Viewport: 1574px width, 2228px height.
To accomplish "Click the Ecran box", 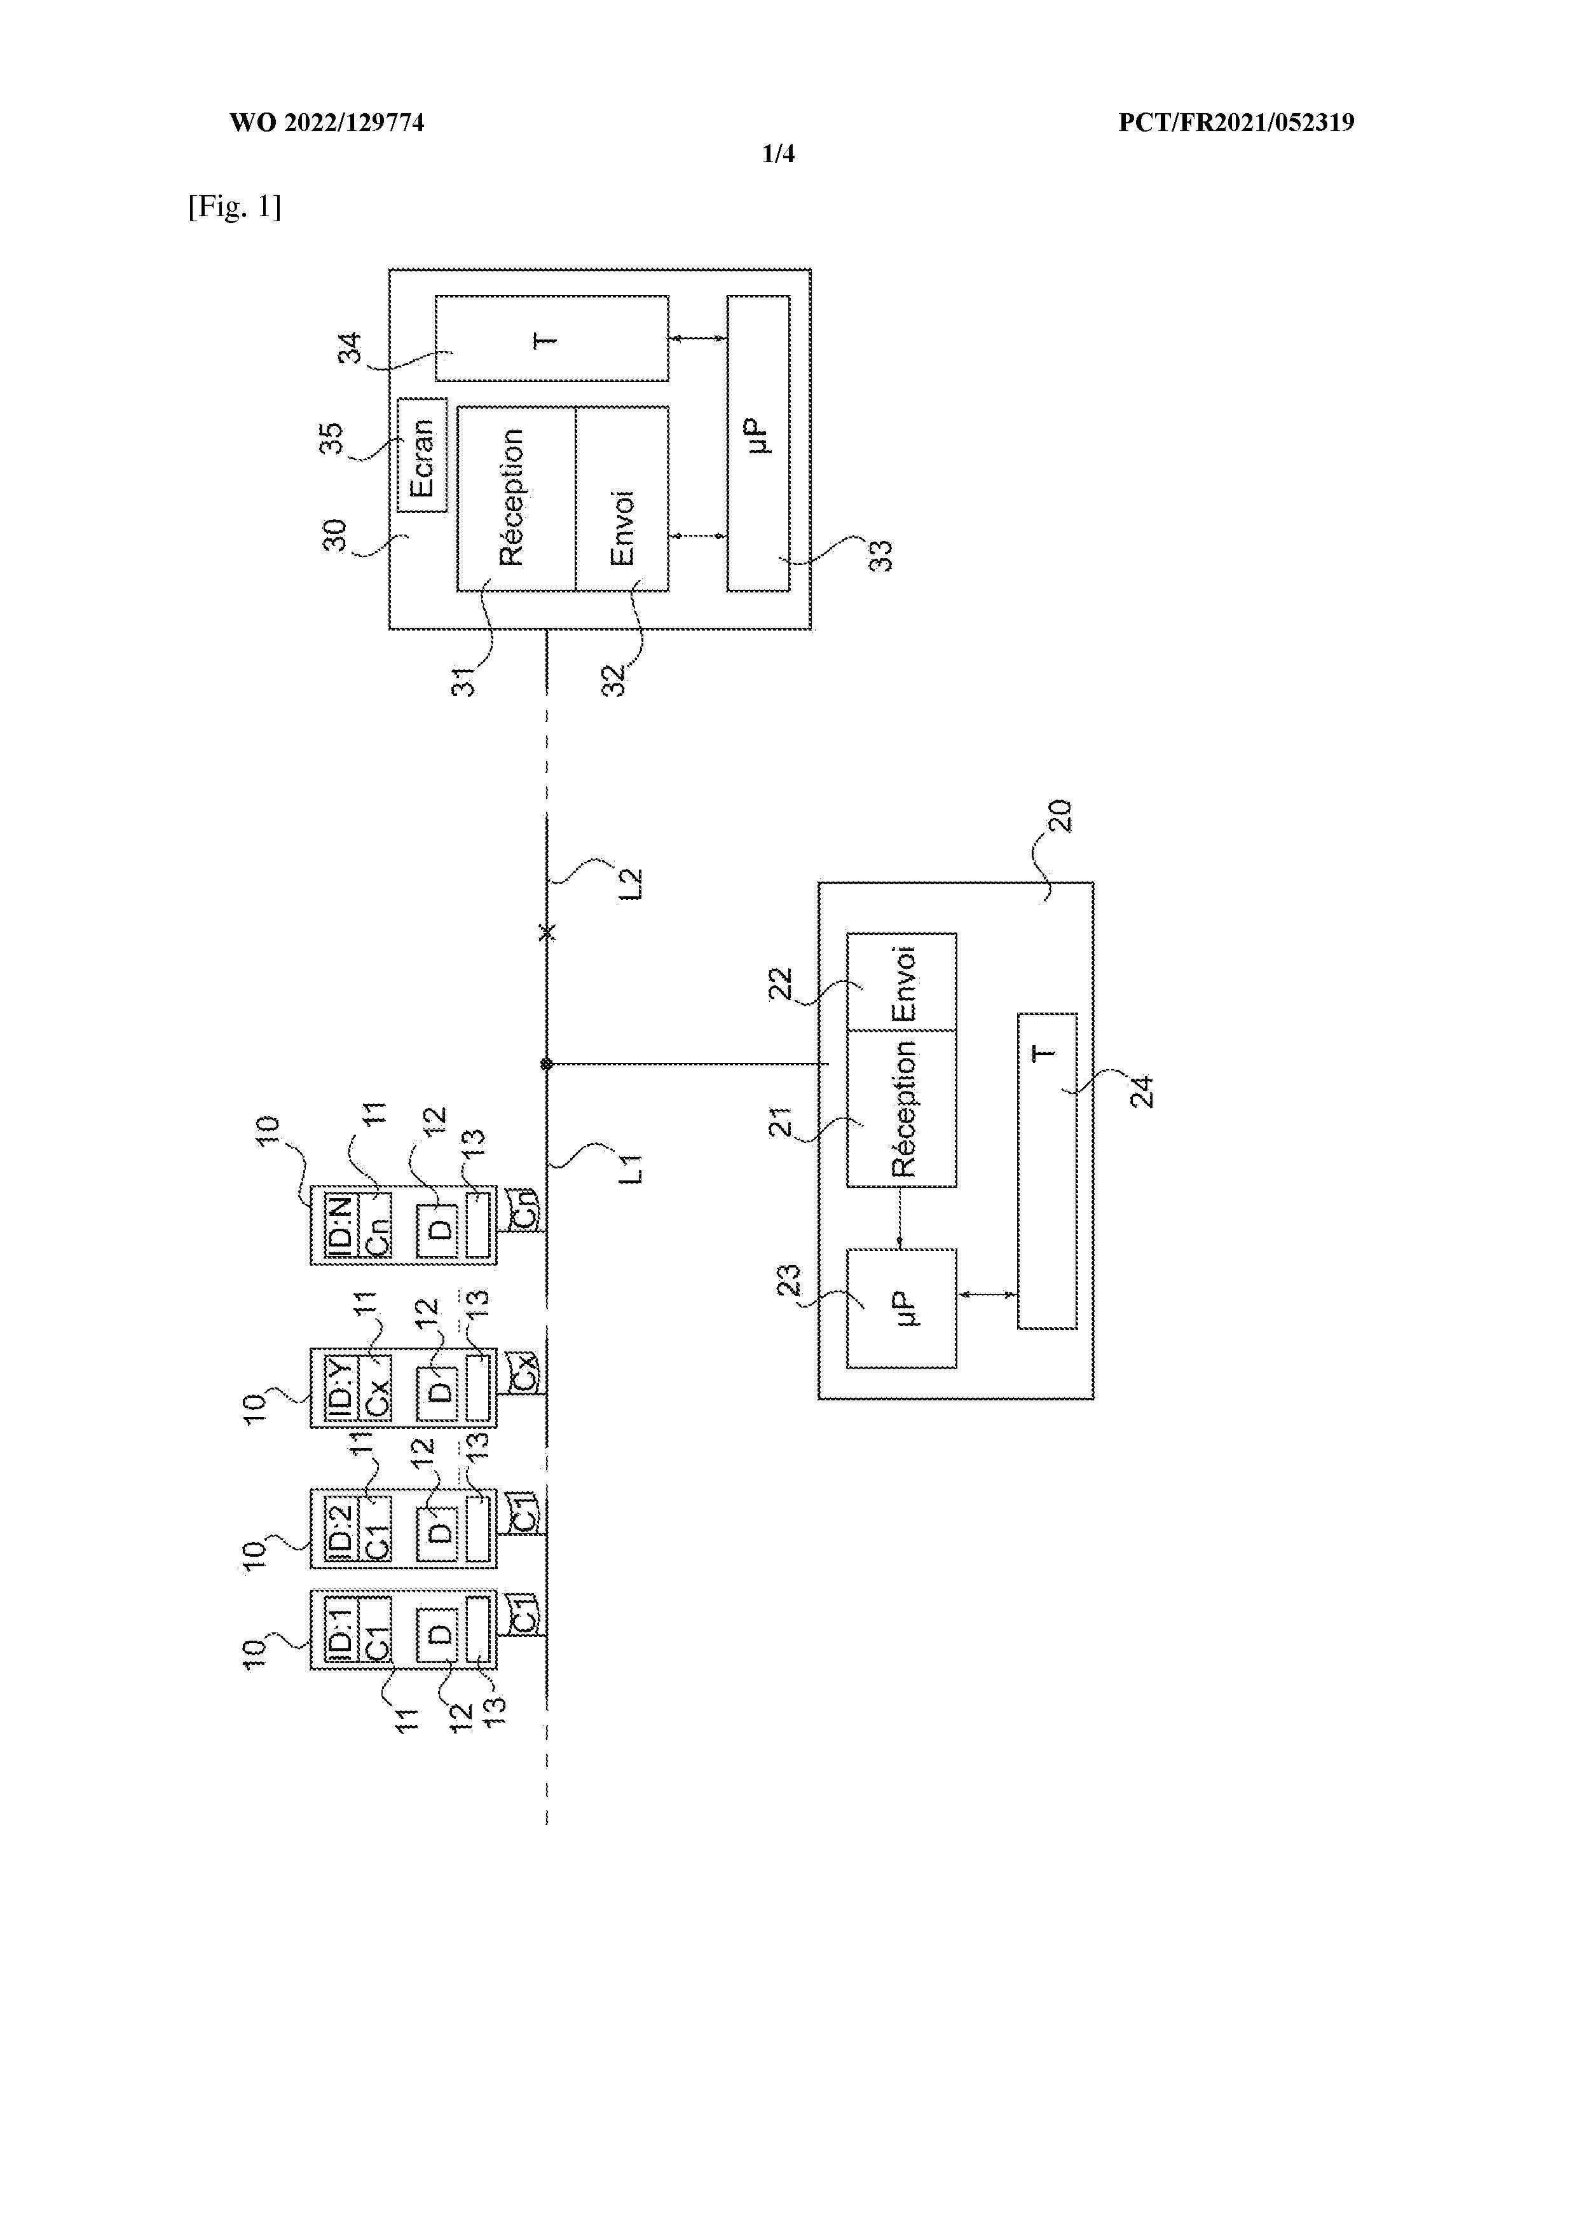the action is click(x=422, y=455).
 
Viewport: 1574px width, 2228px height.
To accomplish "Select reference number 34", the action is click(x=350, y=348).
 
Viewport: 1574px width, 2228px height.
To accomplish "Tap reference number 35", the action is click(x=332, y=439).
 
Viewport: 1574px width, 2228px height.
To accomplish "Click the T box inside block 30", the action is click(x=551, y=339).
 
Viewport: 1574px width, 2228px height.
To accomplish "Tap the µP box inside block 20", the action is click(x=901, y=1308).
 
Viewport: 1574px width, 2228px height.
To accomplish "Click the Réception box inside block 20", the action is click(x=901, y=1108).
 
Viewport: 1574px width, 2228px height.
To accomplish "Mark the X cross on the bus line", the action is click(x=547, y=933).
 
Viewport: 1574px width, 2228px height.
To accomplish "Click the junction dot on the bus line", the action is click(x=546, y=1065).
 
